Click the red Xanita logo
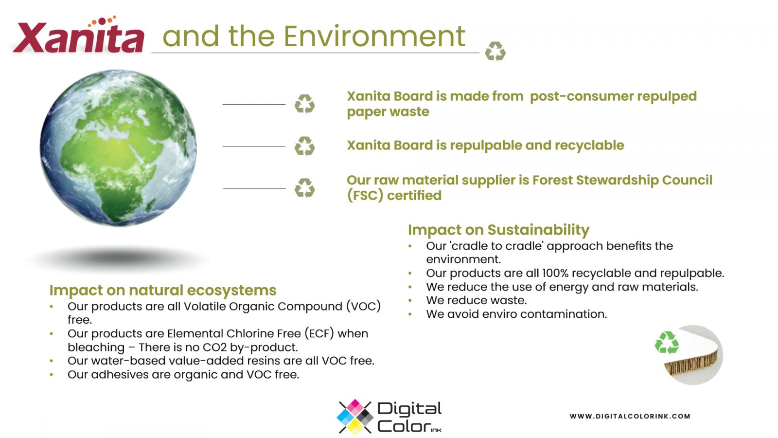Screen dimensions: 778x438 (x=78, y=35)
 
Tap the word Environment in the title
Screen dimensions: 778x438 (x=374, y=36)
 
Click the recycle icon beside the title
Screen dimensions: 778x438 (x=495, y=51)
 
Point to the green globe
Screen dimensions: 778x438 (x=118, y=147)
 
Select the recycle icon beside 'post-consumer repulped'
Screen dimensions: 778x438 (x=304, y=104)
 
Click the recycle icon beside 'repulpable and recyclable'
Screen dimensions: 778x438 (x=304, y=146)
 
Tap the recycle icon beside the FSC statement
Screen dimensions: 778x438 (x=304, y=188)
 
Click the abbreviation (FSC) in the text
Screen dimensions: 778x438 (x=365, y=195)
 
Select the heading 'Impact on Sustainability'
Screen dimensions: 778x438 (x=498, y=230)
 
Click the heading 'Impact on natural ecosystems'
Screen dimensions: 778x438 (x=163, y=290)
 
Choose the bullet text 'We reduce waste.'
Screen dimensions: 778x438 (x=476, y=300)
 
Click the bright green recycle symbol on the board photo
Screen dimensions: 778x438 (x=667, y=343)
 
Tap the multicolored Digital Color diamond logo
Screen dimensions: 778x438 (x=355, y=417)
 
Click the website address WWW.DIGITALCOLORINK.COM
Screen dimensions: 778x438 (x=630, y=416)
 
